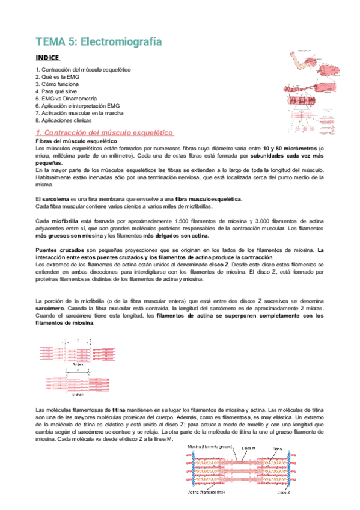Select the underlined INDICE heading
click(x=47, y=58)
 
